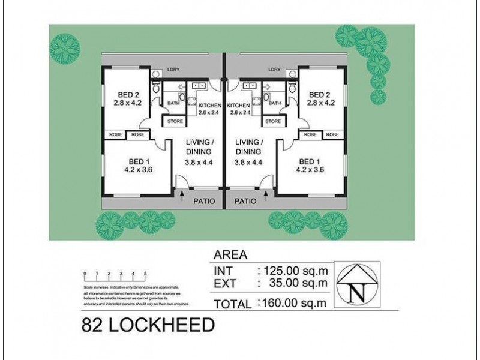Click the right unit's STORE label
click(x=273, y=121)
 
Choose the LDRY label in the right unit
click(x=275, y=70)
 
